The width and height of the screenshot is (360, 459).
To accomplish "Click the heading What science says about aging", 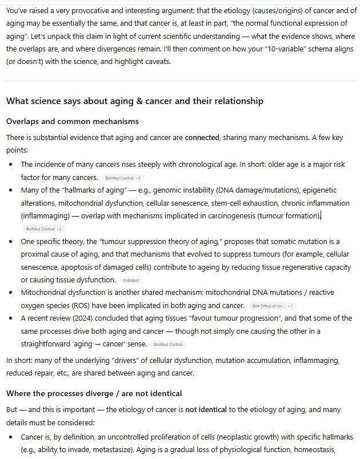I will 134,101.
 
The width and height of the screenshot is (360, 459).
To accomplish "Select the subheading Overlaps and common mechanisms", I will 72,122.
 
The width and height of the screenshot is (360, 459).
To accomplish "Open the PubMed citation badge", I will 130,280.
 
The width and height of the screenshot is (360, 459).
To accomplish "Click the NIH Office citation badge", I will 272,306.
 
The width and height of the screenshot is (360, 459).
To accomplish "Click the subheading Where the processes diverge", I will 94,394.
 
